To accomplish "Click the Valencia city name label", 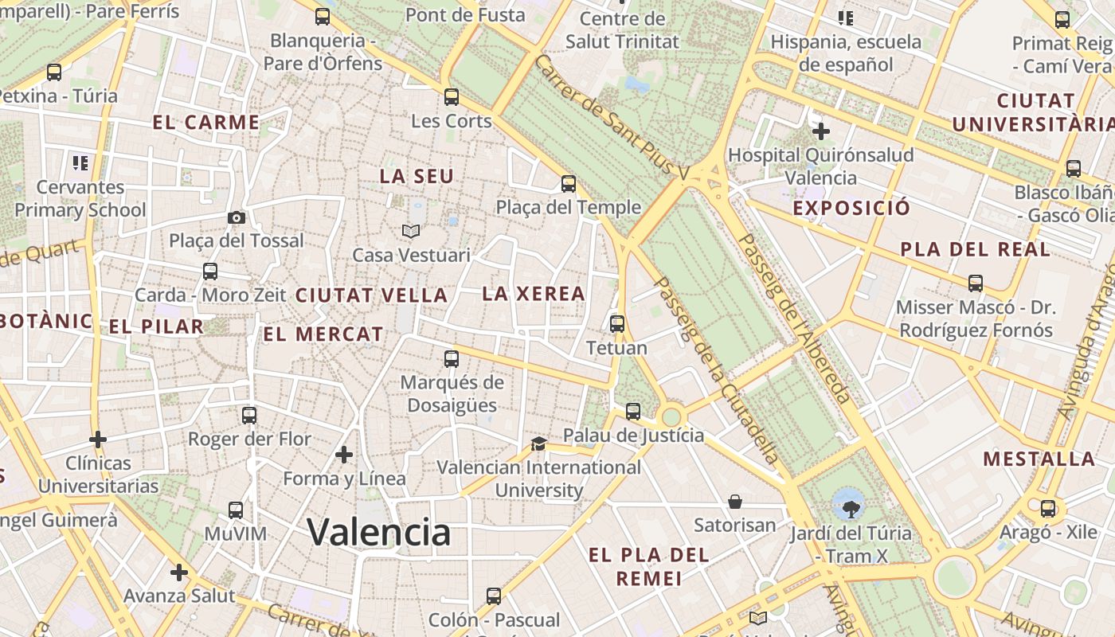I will (378, 531).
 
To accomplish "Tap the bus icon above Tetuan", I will (617, 324).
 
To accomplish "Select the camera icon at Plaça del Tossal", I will (236, 217).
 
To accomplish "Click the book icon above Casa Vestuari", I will (411, 231).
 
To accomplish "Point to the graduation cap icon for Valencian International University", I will (539, 444).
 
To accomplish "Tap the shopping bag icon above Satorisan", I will (735, 502).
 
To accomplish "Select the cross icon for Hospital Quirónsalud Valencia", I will (821, 131).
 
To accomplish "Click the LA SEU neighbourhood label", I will (417, 177).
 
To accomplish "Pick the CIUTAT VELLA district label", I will (371, 295).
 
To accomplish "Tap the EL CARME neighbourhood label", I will (205, 123).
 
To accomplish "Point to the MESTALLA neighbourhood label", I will (1039, 459).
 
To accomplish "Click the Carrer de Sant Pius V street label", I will (611, 116).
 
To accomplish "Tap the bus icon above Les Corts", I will (452, 97).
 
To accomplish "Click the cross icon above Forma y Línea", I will (344, 455).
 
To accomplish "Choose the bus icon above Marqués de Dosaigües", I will (452, 358).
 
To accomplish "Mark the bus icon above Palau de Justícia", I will (633, 412).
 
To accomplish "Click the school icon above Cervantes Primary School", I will (80, 163).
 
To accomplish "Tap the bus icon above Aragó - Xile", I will (1048, 509).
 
